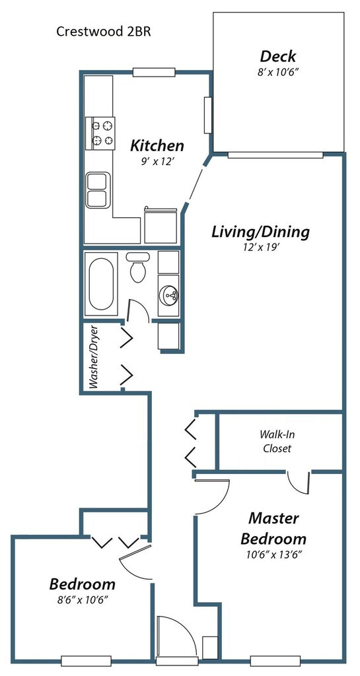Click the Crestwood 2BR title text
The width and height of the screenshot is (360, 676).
coord(104,32)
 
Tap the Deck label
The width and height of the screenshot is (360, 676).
coord(278,56)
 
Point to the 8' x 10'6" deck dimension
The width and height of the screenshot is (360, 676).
coord(278,73)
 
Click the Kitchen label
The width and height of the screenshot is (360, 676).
coord(157,145)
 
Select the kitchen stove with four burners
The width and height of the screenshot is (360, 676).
coord(100,133)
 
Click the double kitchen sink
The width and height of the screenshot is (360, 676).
coord(98,190)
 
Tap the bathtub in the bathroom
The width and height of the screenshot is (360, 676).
coord(101,284)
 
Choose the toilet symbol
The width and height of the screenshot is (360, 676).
coord(138,267)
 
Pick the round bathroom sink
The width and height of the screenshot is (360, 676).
coord(168,295)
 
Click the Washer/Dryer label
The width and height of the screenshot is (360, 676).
coord(94,357)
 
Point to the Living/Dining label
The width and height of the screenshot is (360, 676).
coord(260,232)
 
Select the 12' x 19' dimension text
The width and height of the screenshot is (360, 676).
coord(260,248)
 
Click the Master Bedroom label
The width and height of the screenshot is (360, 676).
coord(273,528)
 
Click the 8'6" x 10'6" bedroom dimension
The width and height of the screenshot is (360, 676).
coord(83,599)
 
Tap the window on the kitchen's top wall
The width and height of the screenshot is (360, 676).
coord(153,73)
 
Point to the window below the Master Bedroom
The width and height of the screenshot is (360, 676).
coord(275,660)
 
